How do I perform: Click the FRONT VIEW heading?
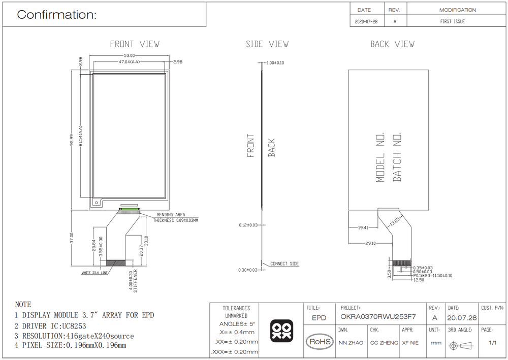[135, 44]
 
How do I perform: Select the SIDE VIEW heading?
[267, 44]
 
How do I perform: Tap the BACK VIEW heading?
[392, 44]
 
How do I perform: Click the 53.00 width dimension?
[129, 56]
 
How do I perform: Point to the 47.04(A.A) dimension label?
[129, 61]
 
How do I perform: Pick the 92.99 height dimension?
[72, 140]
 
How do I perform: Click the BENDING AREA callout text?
[171, 215]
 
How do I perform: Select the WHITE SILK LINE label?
[94, 273]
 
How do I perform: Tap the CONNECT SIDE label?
[284, 264]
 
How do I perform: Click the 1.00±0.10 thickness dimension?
[275, 63]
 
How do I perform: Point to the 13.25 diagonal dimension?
[395, 221]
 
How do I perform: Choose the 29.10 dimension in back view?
[370, 243]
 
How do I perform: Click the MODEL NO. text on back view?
[380, 157]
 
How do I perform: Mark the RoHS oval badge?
[320, 342]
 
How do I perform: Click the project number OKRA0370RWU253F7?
[378, 317]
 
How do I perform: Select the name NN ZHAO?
[351, 343]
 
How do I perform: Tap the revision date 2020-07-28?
[366, 22]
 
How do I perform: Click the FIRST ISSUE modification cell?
[452, 21]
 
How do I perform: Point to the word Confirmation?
[57, 15]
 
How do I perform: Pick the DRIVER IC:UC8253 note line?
[50, 326]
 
